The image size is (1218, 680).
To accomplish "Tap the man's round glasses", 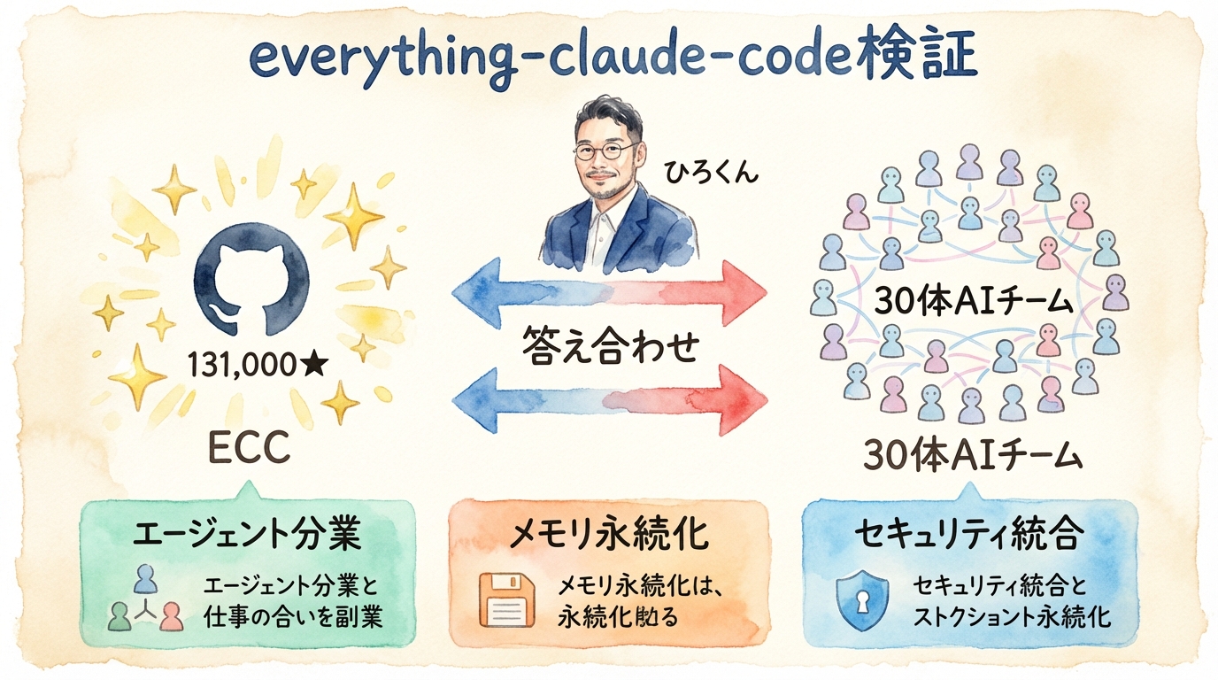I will [604, 151].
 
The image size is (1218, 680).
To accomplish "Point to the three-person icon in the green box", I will [145, 601].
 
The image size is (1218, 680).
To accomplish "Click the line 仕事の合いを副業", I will [293, 616].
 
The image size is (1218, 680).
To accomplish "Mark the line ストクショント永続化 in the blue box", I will [1012, 616].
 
